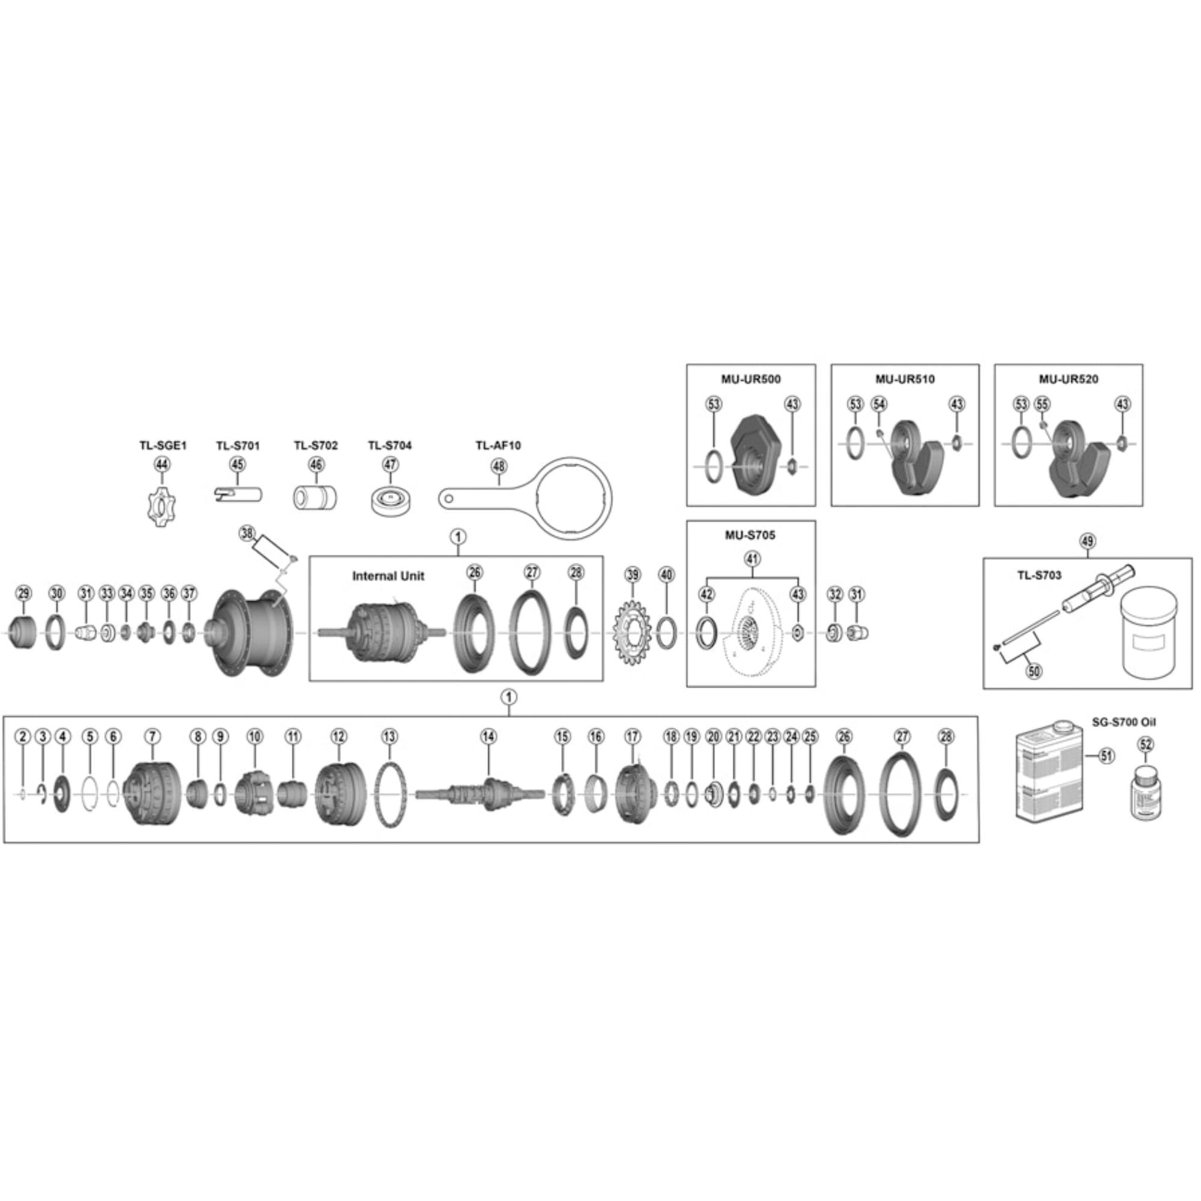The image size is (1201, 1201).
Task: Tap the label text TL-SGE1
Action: pos(162,446)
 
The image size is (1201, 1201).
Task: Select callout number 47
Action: pos(390,464)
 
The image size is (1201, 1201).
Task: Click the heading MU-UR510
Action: pos(904,379)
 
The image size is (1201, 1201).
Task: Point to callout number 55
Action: pos(1042,404)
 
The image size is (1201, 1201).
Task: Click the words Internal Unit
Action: pos(388,576)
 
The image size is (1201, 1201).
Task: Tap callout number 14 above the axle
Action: pos(489,737)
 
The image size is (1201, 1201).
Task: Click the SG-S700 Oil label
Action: pos(1124,722)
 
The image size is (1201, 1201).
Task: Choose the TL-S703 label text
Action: pos(1039,575)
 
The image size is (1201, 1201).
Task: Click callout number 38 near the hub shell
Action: pos(247,533)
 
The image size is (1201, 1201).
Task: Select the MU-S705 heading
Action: pos(750,534)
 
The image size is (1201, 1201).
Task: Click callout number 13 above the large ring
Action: pos(389,737)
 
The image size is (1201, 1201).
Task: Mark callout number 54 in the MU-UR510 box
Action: pos(879,404)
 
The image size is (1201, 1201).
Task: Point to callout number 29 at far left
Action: pos(23,593)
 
